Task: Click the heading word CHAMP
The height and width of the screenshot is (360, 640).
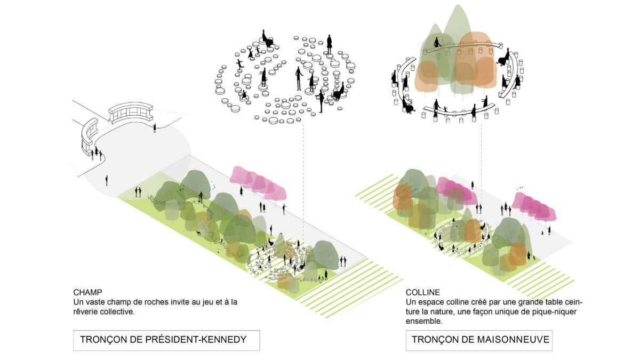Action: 87,293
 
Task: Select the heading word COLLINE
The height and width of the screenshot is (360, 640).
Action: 423,293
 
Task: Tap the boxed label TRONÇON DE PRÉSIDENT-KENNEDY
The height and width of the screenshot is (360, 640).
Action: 166,340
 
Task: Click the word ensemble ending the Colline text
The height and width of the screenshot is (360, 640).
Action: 424,321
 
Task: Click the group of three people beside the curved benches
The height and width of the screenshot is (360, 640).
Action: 96,154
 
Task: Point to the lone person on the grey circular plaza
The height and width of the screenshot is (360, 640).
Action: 107,180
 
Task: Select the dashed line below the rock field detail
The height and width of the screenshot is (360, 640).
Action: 303,181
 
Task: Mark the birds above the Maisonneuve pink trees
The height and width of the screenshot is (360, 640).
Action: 520,188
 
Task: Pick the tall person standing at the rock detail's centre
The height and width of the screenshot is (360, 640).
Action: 299,78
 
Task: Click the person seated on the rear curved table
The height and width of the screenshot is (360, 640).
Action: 437,43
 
